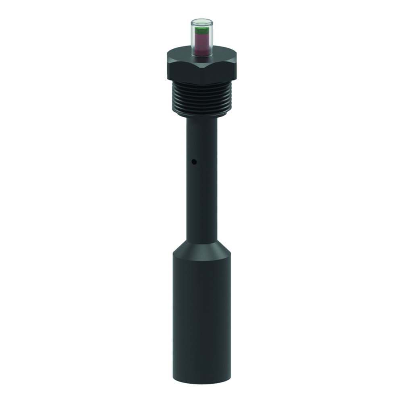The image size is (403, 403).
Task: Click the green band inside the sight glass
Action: click(201, 30)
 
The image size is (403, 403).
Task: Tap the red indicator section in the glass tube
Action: click(201, 42)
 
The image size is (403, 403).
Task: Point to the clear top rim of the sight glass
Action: click(201, 20)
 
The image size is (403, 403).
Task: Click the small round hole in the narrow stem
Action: click(194, 162)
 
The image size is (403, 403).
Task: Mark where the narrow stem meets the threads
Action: click(201, 118)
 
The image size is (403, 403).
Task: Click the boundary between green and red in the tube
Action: click(201, 34)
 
